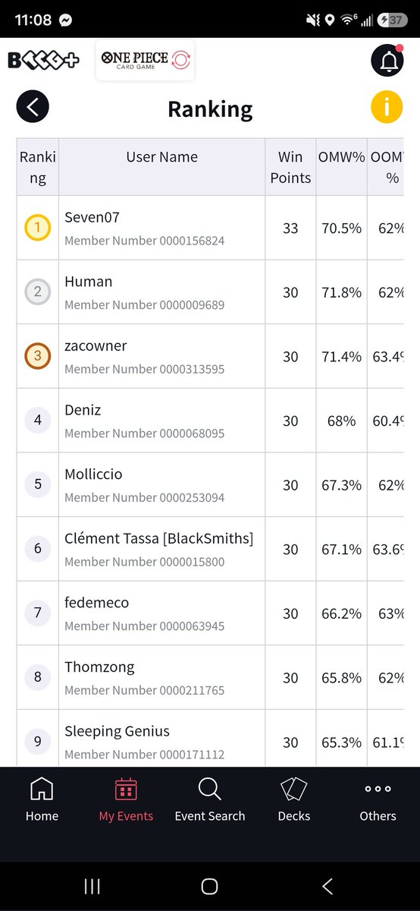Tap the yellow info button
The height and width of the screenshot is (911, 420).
(x=387, y=106)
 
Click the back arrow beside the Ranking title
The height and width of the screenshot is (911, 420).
(x=33, y=106)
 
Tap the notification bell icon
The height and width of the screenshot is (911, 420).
(x=387, y=60)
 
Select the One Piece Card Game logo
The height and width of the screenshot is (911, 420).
(x=146, y=60)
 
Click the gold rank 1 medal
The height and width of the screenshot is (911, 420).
(x=37, y=227)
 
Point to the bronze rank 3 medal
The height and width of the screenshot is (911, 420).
(x=37, y=356)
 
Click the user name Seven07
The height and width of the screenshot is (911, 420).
(x=92, y=217)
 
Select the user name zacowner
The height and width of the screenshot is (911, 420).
(x=96, y=346)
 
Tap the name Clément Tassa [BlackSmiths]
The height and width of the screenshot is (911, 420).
(x=158, y=538)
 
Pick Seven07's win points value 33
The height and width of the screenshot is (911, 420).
(x=290, y=229)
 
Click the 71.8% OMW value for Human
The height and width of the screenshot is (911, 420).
(x=342, y=292)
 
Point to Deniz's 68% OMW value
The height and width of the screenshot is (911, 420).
(x=342, y=421)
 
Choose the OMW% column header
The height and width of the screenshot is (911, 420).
(x=342, y=157)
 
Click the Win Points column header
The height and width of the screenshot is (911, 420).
(x=290, y=167)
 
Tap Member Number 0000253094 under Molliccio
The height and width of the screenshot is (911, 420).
(x=145, y=497)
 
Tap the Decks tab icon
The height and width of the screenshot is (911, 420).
(x=293, y=789)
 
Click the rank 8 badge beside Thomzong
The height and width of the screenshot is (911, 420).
(x=37, y=676)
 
